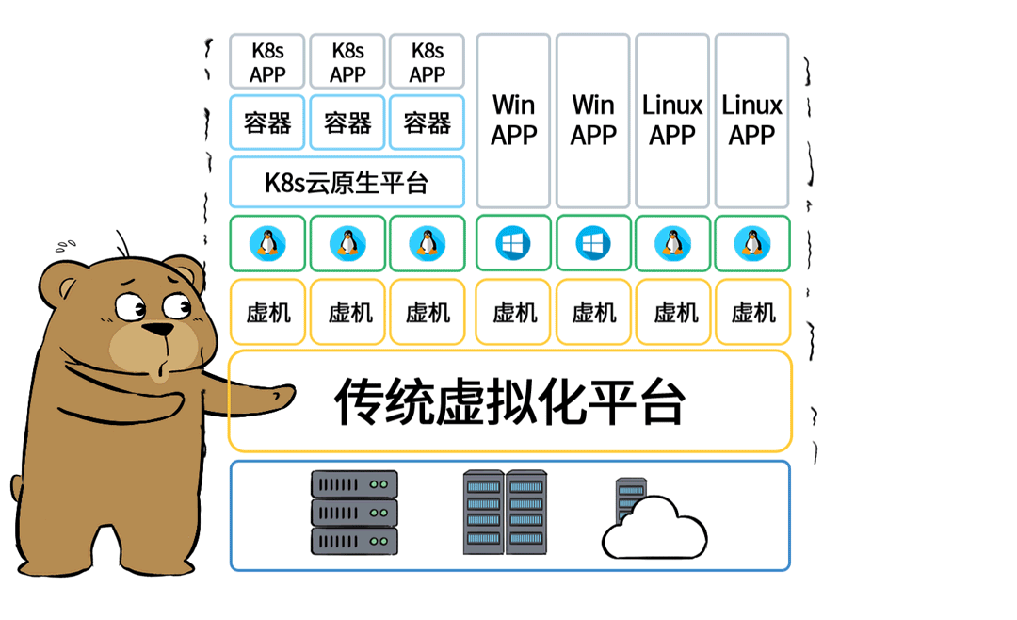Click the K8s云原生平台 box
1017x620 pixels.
pyautogui.click(x=347, y=182)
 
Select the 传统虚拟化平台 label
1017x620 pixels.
pyautogui.click(x=509, y=402)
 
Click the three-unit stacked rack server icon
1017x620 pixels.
pyautogui.click(x=354, y=513)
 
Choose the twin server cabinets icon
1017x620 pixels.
pyautogui.click(x=504, y=513)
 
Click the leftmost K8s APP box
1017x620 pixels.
pyautogui.click(x=267, y=62)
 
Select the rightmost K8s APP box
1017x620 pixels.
pyautogui.click(x=427, y=62)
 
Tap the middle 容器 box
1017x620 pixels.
pyautogui.click(x=347, y=122)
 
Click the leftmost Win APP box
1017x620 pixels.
pyautogui.click(x=513, y=121)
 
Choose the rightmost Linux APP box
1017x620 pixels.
pyautogui.click(x=751, y=121)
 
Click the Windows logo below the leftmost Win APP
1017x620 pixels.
pyautogui.click(x=513, y=243)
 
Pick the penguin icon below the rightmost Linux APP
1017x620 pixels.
pyautogui.click(x=751, y=243)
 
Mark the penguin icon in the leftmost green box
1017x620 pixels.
pyautogui.click(x=267, y=243)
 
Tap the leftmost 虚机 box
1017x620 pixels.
pyautogui.click(x=267, y=312)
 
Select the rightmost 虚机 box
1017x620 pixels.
pyautogui.click(x=752, y=312)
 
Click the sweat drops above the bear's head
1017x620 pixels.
pyautogui.click(x=65, y=247)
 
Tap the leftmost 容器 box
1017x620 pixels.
pyautogui.click(x=267, y=122)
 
